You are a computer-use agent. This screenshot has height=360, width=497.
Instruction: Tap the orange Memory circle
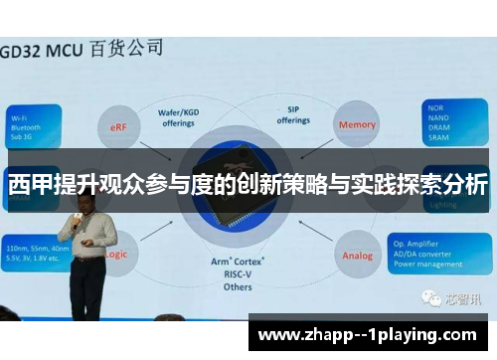357,125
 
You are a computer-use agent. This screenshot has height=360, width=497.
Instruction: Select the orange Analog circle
357,255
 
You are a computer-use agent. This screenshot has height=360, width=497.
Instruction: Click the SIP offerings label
294,115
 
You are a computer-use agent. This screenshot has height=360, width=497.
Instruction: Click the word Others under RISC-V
238,286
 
